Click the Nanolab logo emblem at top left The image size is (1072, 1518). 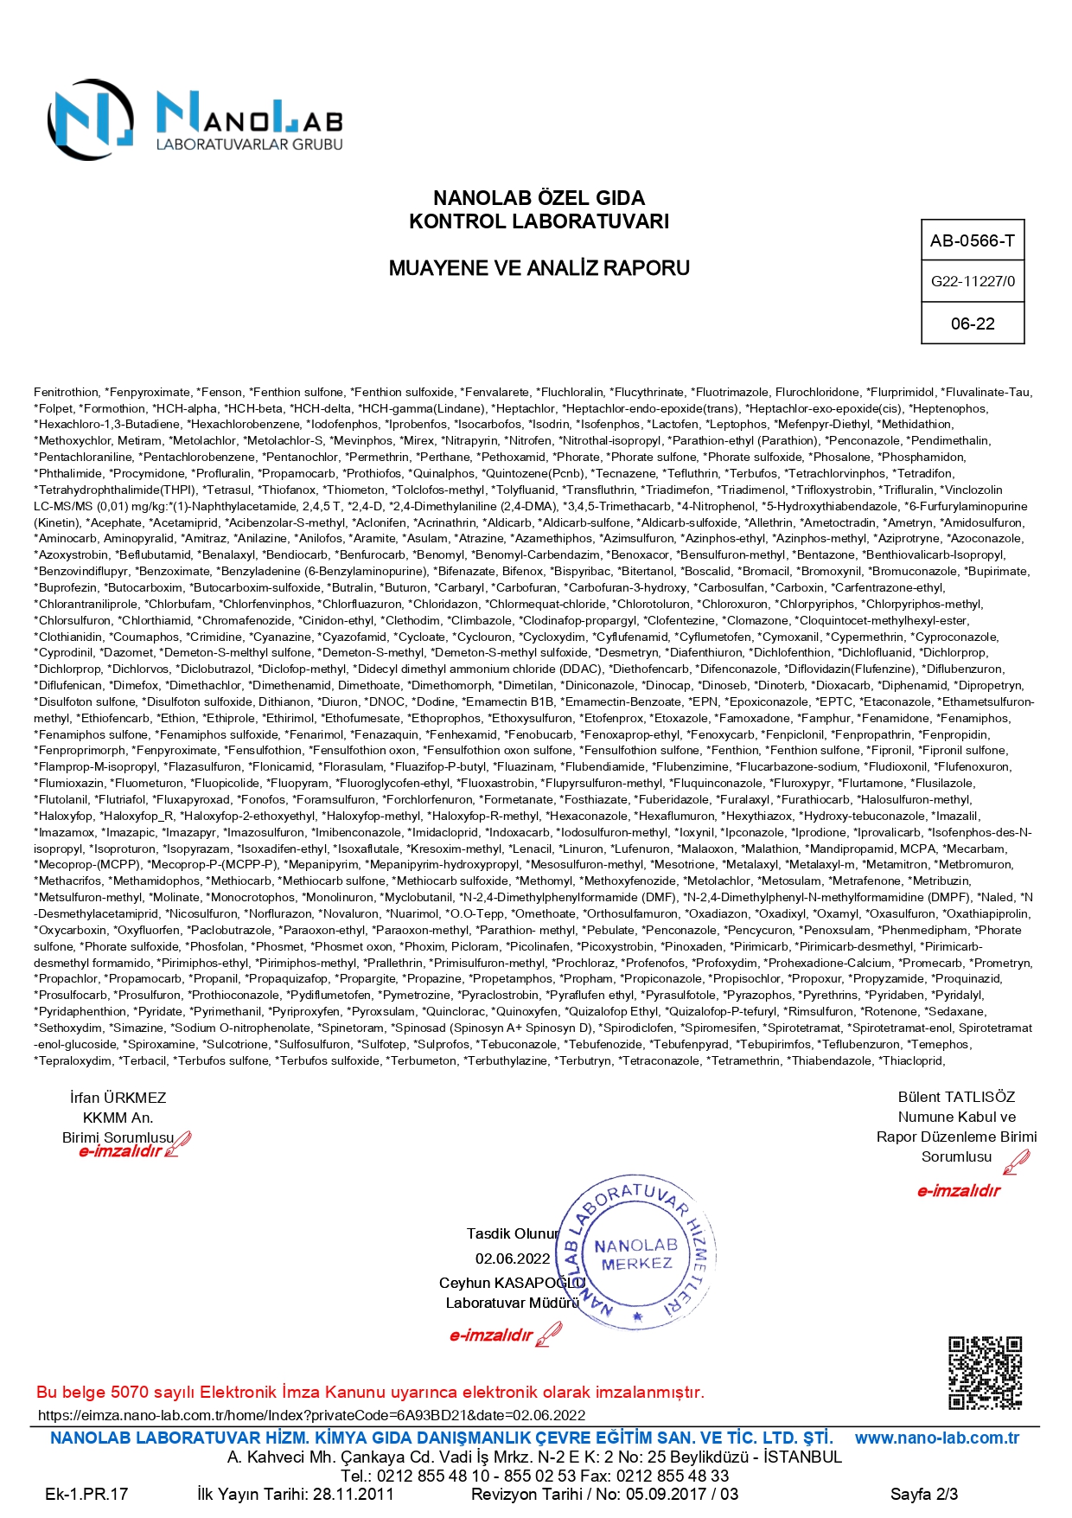pyautogui.click(x=91, y=119)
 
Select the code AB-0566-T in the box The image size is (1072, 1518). pyautogui.click(x=972, y=241)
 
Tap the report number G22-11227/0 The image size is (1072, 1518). pyautogui.click(x=973, y=281)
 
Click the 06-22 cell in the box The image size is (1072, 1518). pyautogui.click(x=973, y=323)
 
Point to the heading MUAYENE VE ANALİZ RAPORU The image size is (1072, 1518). pyautogui.click(x=539, y=268)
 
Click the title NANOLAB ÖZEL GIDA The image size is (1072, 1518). pyautogui.click(x=539, y=198)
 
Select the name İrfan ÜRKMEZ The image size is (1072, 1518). pyautogui.click(x=118, y=1098)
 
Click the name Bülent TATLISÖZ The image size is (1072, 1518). pyautogui.click(x=956, y=1097)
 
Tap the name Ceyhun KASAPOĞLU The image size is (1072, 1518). pyautogui.click(x=512, y=1283)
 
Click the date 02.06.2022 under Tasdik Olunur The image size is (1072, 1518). pyautogui.click(x=513, y=1259)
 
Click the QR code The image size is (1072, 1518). pyautogui.click(x=985, y=1374)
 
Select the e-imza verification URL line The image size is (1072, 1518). pyautogui.click(x=311, y=1415)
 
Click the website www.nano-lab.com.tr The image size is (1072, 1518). pyautogui.click(x=936, y=1438)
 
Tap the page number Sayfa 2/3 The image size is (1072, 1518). pyautogui.click(x=923, y=1494)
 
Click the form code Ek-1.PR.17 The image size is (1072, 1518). pyautogui.click(x=86, y=1494)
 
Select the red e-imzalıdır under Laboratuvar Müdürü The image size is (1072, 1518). pyautogui.click(x=491, y=1335)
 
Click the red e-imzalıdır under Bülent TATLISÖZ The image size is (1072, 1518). pyautogui.click(x=958, y=1191)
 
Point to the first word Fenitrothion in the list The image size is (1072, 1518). pyautogui.click(x=67, y=393)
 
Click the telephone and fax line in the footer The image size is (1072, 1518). pyautogui.click(x=534, y=1476)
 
